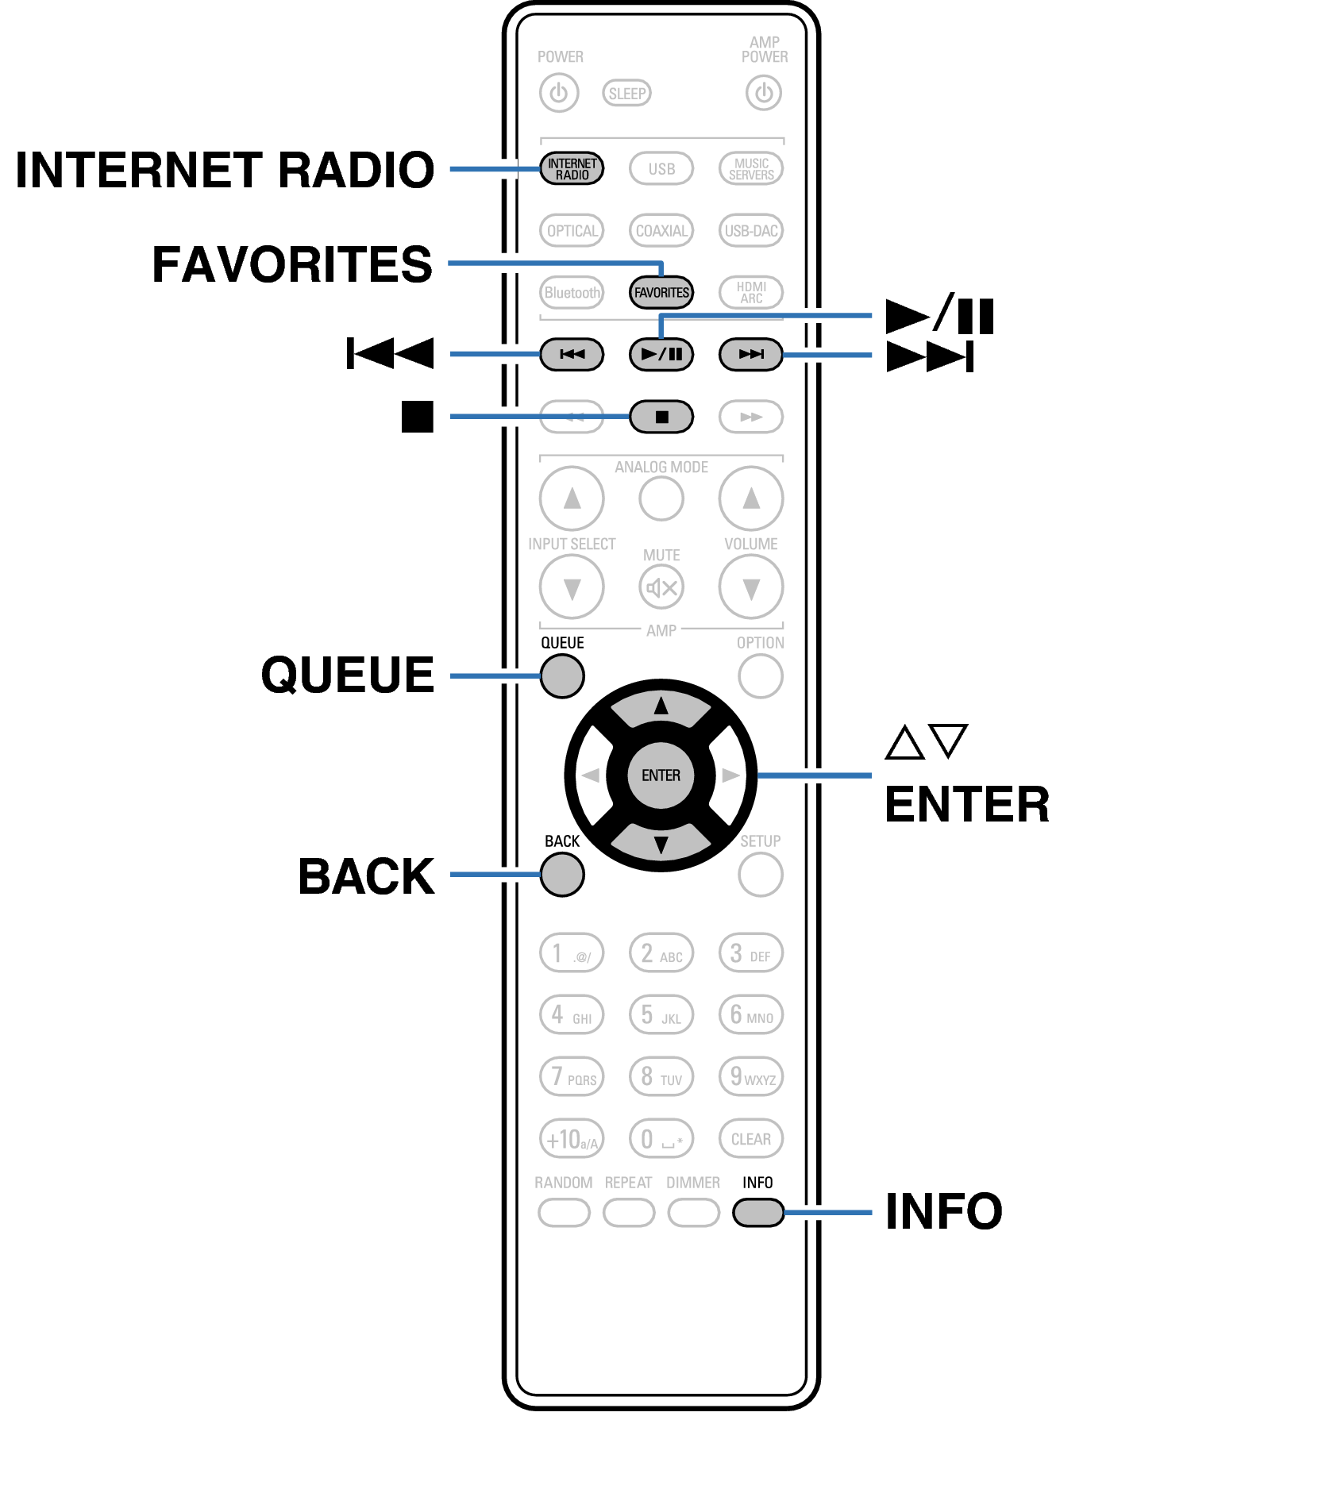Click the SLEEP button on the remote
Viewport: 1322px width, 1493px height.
click(x=626, y=93)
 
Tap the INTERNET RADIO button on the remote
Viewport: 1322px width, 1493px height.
click(x=572, y=169)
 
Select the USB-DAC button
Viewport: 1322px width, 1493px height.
click(x=750, y=231)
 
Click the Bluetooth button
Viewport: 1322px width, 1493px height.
click(x=572, y=292)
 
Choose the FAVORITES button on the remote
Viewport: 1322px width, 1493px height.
click(x=661, y=292)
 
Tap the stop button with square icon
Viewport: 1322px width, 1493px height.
click(x=661, y=417)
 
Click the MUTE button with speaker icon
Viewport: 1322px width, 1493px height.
click(x=661, y=587)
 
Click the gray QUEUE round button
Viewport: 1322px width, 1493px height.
click(x=562, y=676)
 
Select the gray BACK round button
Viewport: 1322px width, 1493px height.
click(x=562, y=875)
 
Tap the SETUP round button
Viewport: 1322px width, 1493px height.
click(x=760, y=875)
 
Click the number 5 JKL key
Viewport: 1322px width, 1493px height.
click(x=661, y=1015)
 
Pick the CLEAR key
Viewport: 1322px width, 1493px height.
click(x=750, y=1139)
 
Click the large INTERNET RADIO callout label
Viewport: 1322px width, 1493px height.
click(x=225, y=170)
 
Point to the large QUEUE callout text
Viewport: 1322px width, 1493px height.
click(x=347, y=675)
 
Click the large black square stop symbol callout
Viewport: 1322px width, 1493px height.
click(x=418, y=417)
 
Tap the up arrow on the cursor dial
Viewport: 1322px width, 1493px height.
click(x=661, y=706)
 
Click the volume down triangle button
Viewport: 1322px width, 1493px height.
click(x=750, y=587)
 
